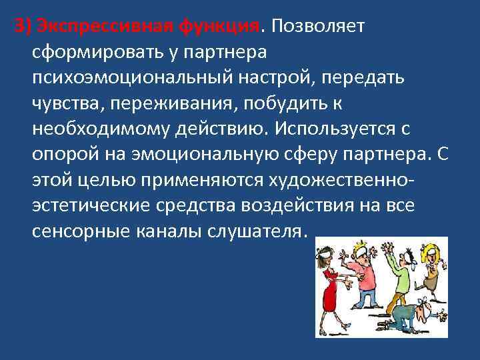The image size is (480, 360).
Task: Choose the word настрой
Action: click(x=291, y=78)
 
